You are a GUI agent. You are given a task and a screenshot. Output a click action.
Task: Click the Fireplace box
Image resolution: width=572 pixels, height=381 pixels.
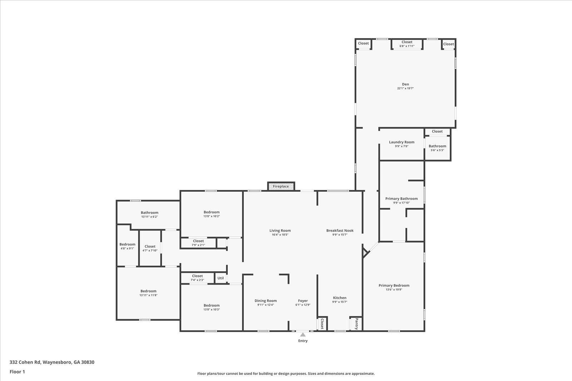click(281, 186)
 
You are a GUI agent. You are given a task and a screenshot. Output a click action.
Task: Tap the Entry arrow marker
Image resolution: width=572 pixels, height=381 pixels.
click(303, 335)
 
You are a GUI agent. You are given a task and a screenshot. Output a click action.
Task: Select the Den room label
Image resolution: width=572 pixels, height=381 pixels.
click(405, 84)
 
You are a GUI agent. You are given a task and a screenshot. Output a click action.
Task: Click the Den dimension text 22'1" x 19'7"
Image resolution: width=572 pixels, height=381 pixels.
click(405, 89)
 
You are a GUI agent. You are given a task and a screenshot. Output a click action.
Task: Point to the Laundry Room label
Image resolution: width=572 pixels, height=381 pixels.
click(401, 142)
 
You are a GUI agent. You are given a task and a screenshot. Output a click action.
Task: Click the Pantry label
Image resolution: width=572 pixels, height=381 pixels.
click(356, 324)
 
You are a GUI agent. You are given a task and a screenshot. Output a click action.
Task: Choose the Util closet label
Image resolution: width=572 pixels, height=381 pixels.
click(221, 278)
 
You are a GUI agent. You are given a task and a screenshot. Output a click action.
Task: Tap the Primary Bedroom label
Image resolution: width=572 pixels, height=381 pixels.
click(394, 285)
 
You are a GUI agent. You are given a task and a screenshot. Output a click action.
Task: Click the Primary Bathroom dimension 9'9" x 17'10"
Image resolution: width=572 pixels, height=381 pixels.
click(401, 203)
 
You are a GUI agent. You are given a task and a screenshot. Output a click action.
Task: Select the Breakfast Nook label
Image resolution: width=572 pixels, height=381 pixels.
click(340, 230)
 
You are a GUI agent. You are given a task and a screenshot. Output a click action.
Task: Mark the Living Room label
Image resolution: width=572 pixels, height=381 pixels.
click(280, 230)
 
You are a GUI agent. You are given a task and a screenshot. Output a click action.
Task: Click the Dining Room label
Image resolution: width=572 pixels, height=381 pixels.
click(266, 301)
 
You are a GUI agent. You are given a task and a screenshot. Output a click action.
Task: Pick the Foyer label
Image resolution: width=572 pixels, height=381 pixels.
click(303, 301)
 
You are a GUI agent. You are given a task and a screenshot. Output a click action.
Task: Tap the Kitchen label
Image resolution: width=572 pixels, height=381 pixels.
click(340, 298)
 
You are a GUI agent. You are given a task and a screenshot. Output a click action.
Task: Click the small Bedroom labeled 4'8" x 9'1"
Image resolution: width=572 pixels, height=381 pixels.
click(127, 245)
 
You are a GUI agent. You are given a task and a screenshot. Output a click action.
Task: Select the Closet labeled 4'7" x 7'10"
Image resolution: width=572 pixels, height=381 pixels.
click(150, 246)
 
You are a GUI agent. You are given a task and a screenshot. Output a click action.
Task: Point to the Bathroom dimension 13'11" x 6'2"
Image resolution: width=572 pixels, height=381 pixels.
click(149, 217)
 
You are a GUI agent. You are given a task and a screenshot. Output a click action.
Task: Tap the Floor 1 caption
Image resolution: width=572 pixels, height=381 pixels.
click(17, 372)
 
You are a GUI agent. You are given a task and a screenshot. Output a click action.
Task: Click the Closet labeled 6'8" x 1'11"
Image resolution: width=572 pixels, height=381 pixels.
click(407, 42)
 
